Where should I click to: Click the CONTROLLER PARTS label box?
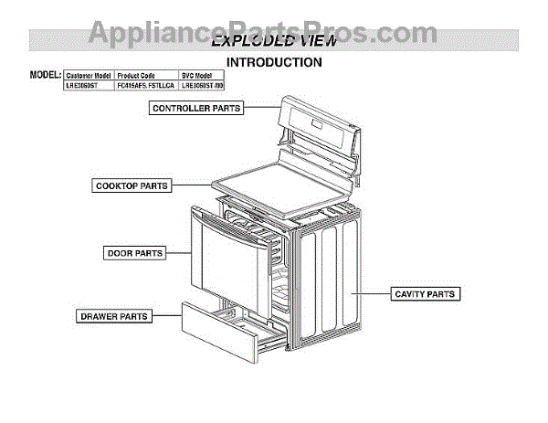(196, 108)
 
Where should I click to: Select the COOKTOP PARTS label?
(132, 185)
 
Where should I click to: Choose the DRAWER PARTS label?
(114, 316)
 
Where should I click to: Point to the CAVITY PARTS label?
(424, 294)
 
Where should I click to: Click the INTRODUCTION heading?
(273, 63)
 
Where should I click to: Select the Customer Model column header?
(89, 75)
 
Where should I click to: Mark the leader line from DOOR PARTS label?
(179, 252)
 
